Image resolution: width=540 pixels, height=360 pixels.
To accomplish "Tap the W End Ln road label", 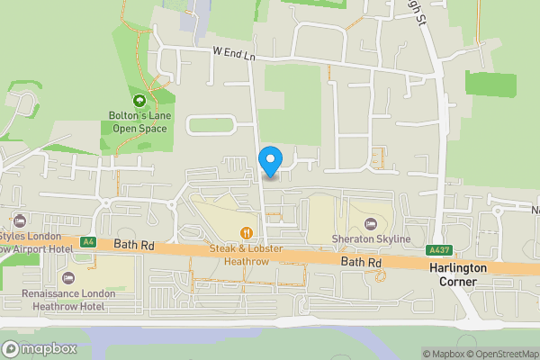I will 235,55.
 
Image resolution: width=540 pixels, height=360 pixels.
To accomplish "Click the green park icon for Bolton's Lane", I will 139,101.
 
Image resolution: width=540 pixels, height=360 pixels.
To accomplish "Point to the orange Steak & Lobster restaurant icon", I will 245,232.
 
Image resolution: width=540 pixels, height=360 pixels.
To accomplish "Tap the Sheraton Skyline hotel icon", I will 370,222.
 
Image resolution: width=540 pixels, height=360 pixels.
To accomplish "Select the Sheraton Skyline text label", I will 371,238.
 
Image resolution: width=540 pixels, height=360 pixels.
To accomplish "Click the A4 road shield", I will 88,241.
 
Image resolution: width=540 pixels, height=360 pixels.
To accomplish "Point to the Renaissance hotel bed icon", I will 69,276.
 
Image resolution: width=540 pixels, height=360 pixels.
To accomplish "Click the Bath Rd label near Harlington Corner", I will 362,262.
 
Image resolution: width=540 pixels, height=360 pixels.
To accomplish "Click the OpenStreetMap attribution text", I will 499,354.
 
